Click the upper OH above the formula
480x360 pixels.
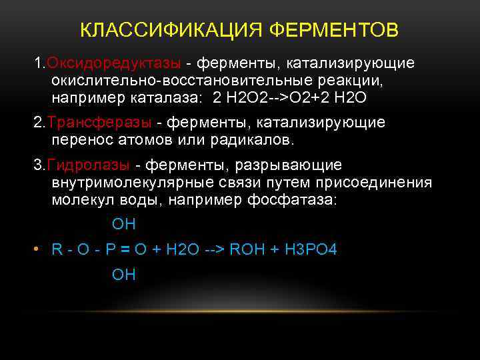tap(124, 225)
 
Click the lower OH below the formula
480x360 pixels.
tap(124, 274)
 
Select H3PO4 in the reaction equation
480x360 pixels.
tap(311, 249)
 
